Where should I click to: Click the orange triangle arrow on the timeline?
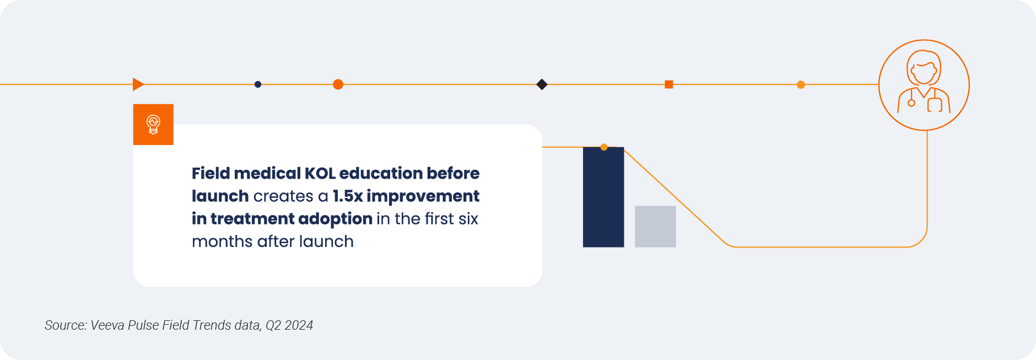[x=138, y=84]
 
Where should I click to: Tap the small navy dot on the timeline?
[x=258, y=84]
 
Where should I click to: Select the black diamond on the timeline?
[x=542, y=84]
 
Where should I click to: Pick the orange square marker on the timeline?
[x=669, y=84]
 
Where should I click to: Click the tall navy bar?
[x=603, y=197]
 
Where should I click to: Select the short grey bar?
[x=655, y=227]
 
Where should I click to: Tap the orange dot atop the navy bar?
[x=604, y=147]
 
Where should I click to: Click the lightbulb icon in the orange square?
[x=153, y=125]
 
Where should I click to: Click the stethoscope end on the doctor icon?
[x=911, y=103]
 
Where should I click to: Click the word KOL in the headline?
[x=320, y=173]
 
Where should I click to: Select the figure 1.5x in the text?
[x=348, y=196]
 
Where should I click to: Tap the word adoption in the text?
[x=336, y=219]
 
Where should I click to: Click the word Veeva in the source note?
[x=107, y=325]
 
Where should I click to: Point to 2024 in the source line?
[x=299, y=325]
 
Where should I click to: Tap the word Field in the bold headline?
[x=211, y=173]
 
